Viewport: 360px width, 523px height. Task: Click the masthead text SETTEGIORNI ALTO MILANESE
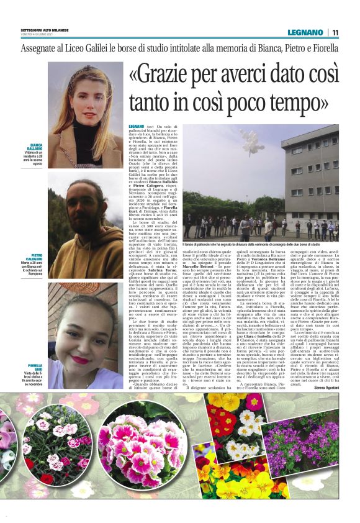(x=43, y=29)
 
